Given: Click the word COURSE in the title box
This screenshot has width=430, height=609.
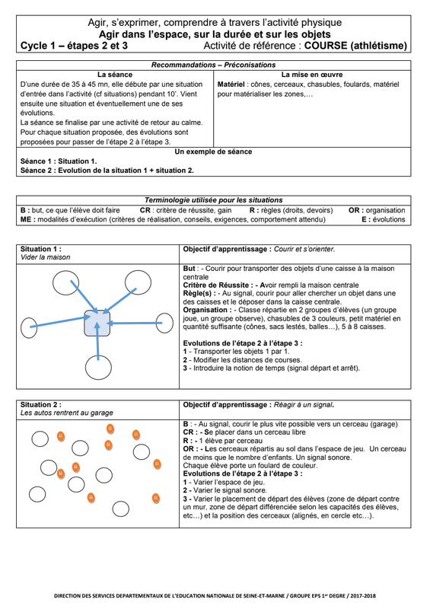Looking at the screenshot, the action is point(326,46).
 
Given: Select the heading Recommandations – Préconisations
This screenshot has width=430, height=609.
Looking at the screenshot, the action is point(213,65).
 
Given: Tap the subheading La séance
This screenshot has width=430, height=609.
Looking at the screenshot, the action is point(115,75).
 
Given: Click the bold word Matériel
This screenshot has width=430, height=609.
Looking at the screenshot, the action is point(231,84).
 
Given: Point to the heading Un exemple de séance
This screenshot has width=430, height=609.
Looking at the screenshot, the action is point(213,151).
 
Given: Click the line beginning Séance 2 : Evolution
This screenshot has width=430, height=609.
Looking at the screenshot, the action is point(107,170).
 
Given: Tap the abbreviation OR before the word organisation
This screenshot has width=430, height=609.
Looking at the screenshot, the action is point(353,210).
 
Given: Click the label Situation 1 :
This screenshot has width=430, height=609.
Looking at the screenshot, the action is point(41,249).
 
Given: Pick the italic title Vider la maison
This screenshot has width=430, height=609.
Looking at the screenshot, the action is point(46,257).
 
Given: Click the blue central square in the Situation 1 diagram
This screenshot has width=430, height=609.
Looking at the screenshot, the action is point(97,323).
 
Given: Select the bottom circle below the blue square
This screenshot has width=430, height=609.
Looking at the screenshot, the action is point(98,367).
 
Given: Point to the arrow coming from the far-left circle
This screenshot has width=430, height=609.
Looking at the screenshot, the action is point(61,322).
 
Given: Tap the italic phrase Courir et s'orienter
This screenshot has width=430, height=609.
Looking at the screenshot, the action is point(304,249).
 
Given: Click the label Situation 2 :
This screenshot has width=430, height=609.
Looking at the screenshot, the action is point(41,404).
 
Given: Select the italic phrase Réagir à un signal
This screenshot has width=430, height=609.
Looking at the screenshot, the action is point(304,404).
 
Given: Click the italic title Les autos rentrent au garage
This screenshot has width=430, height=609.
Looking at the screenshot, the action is point(67,413).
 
